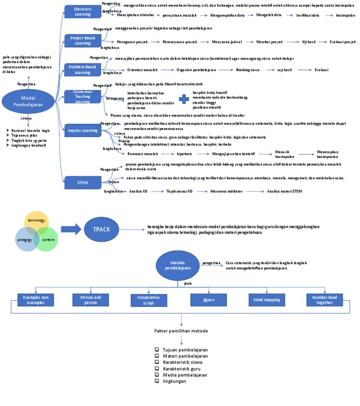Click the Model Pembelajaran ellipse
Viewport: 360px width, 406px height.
tap(29, 102)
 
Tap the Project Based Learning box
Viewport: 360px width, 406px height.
tap(80, 40)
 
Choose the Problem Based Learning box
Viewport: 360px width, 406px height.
tap(80, 70)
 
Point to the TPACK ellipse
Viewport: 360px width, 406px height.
tap(102, 229)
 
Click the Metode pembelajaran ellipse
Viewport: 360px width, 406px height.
tap(178, 263)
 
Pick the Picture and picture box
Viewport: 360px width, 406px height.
tap(91, 300)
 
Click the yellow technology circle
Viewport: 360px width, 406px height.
tap(36, 220)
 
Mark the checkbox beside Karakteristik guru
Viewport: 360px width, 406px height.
tap(157, 368)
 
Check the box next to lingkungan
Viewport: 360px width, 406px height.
tap(157, 381)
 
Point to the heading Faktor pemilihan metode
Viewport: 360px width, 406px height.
tap(180, 331)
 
